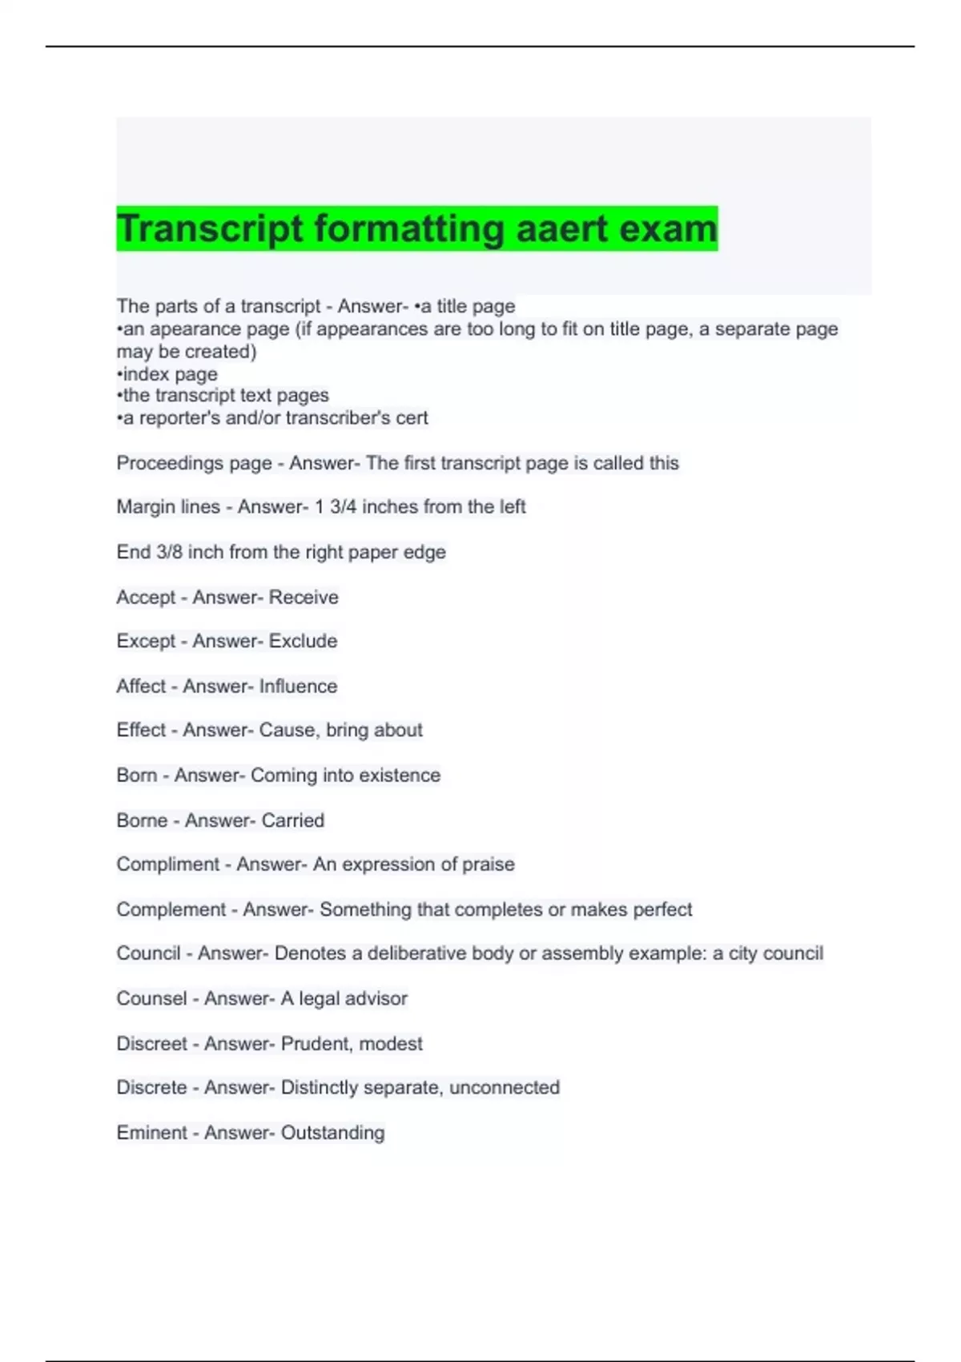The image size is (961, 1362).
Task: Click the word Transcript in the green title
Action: click(211, 228)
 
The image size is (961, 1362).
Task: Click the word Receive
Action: click(304, 598)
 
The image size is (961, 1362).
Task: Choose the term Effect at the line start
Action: click(141, 731)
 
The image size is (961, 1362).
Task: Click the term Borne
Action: click(142, 820)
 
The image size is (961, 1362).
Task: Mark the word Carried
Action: click(292, 820)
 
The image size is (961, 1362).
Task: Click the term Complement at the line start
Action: click(171, 909)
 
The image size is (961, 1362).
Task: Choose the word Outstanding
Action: click(332, 1133)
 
